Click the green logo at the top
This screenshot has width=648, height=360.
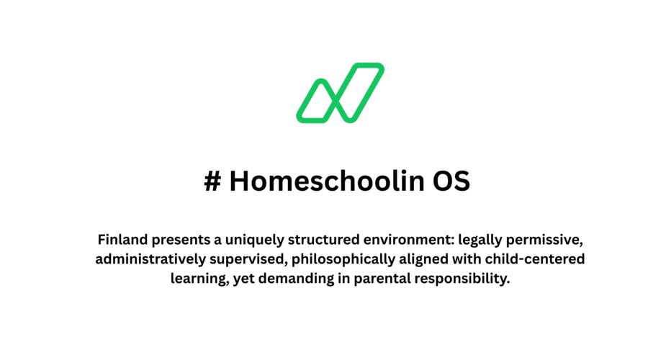pyautogui.click(x=340, y=93)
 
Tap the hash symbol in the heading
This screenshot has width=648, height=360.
pyautogui.click(x=212, y=182)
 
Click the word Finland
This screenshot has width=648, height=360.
pyautogui.click(x=122, y=239)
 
